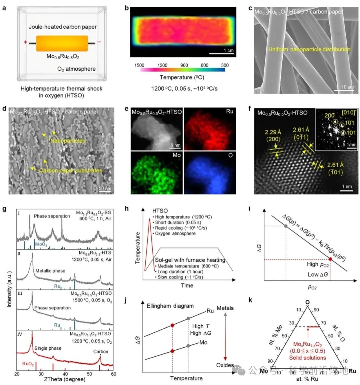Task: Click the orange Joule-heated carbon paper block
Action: [x=62, y=43]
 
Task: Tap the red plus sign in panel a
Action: [x=25, y=42]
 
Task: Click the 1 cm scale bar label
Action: [x=228, y=50]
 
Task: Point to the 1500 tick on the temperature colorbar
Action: [x=139, y=65]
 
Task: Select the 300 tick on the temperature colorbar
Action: [x=225, y=65]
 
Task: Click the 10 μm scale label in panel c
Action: [x=347, y=87]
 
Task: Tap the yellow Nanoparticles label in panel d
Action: [x=68, y=141]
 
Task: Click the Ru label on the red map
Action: [x=229, y=111]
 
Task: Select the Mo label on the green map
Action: [x=177, y=155]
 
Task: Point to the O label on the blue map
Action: [x=230, y=155]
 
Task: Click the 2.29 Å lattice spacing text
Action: [x=273, y=132]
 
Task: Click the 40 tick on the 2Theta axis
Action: [x=65, y=374]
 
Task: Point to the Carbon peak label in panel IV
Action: [x=100, y=351]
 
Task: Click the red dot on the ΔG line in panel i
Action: [x=330, y=259]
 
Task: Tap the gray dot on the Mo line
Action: [x=188, y=346]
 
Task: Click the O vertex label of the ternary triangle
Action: [x=307, y=302]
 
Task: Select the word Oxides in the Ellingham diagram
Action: [x=225, y=365]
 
